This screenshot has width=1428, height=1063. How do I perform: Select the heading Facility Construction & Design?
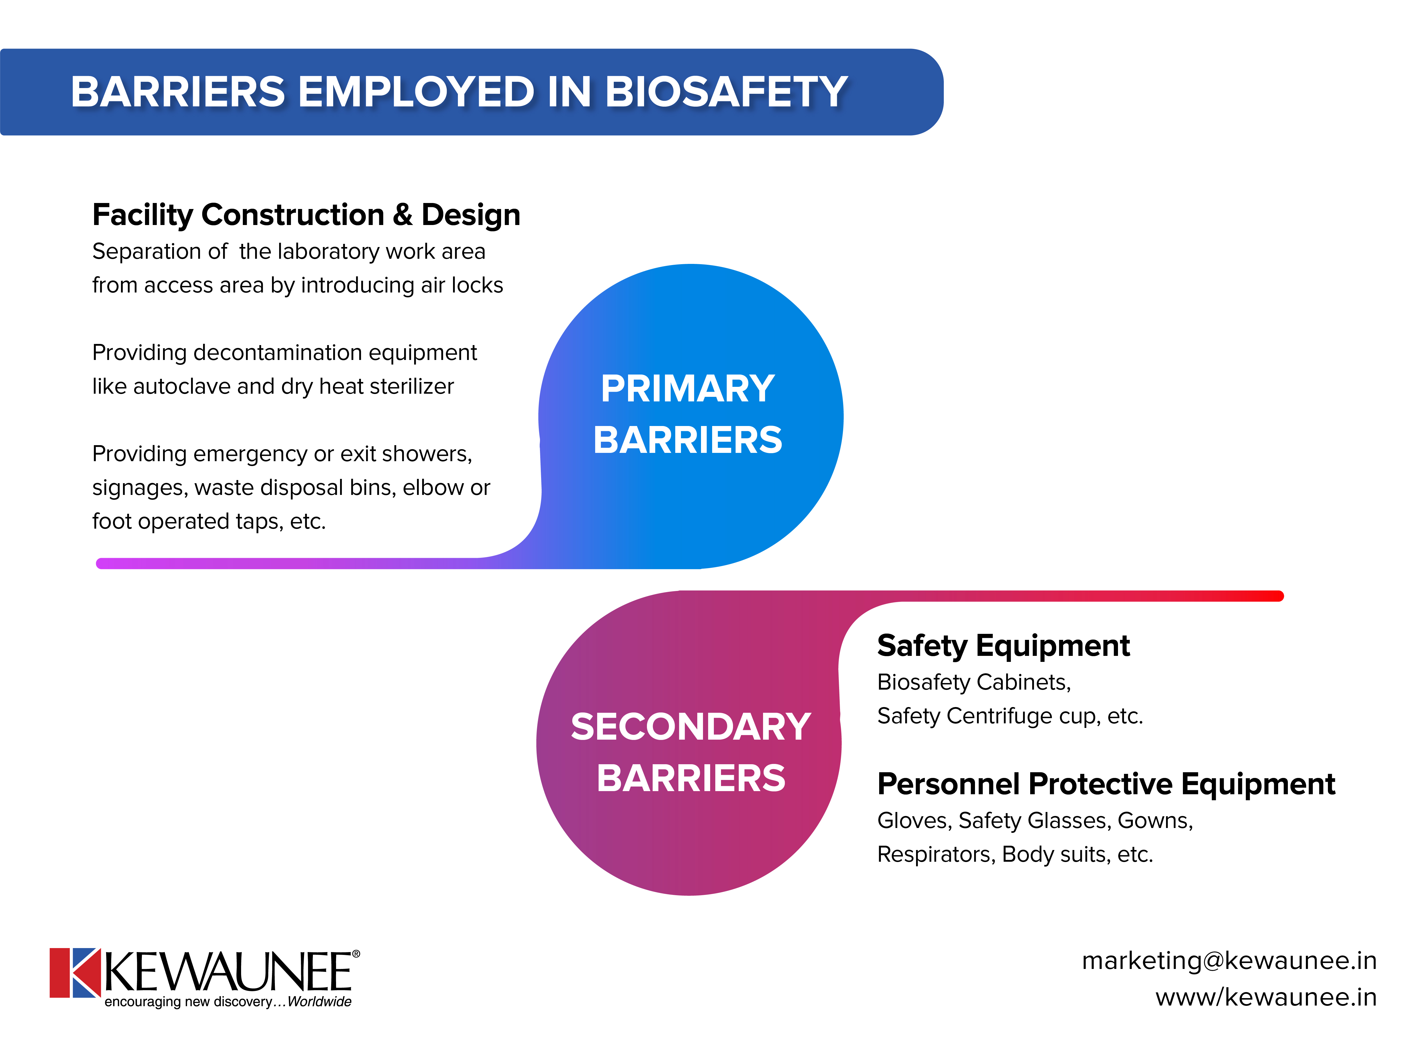(306, 215)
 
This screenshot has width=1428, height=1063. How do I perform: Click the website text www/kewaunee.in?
(1266, 997)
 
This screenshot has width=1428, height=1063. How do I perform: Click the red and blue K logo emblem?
(75, 972)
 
